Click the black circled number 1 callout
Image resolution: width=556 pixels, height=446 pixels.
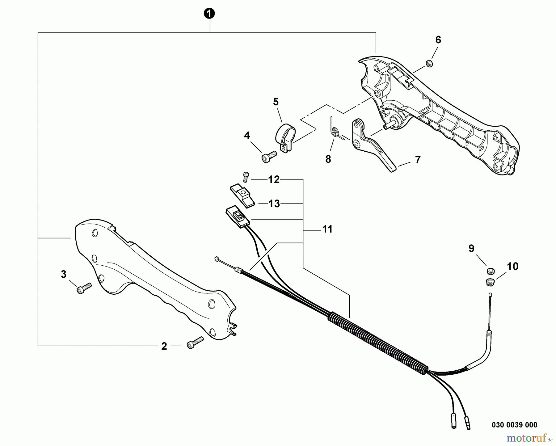tap(210, 14)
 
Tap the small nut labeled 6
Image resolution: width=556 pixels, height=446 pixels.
tap(429, 64)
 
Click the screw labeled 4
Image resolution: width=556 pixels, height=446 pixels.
tap(268, 156)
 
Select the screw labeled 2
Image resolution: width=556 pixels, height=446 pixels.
tap(195, 343)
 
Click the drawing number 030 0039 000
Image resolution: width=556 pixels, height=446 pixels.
tap(514, 425)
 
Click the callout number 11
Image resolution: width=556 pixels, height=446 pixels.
tap(327, 229)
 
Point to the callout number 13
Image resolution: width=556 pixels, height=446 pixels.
tap(274, 204)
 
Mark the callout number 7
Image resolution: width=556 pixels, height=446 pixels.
tap(418, 160)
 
